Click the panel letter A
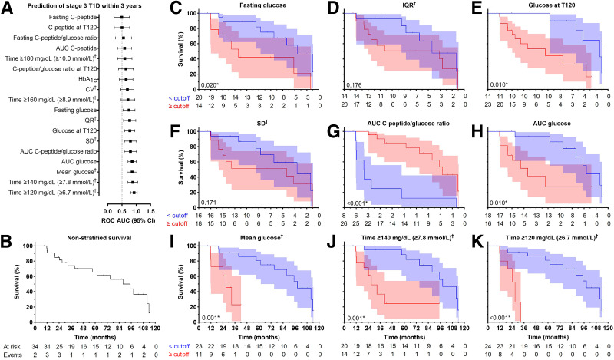coord(6,7)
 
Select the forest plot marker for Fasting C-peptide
coord(122,16)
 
